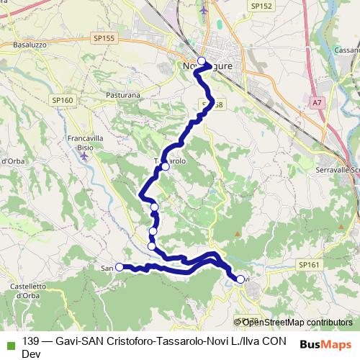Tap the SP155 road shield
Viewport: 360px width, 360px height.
coord(104,37)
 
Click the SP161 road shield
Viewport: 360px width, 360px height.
coord(308,266)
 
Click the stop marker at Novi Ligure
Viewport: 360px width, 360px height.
coord(202,61)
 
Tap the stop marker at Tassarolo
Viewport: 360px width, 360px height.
coord(165,167)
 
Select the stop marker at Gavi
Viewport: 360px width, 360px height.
coord(240,279)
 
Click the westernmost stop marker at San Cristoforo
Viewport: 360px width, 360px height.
coord(119,267)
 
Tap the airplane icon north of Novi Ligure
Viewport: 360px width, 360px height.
coord(204,12)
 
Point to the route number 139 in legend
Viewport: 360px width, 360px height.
coord(31,341)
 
